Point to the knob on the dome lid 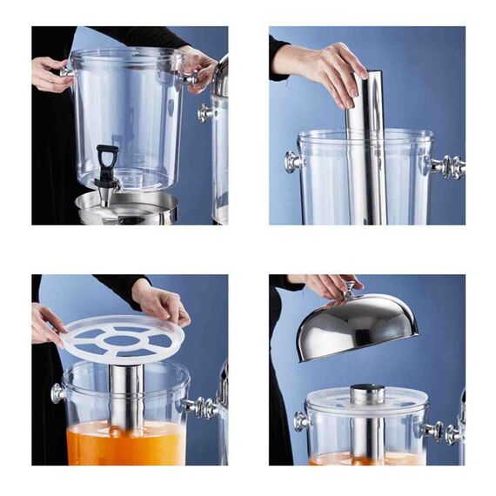tap(350, 287)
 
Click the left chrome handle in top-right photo tap(292, 161)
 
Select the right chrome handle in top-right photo tap(446, 165)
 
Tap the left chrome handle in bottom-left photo tap(58, 392)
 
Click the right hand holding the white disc tap(161, 302)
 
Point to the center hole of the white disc tap(121, 336)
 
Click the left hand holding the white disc tap(47, 322)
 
